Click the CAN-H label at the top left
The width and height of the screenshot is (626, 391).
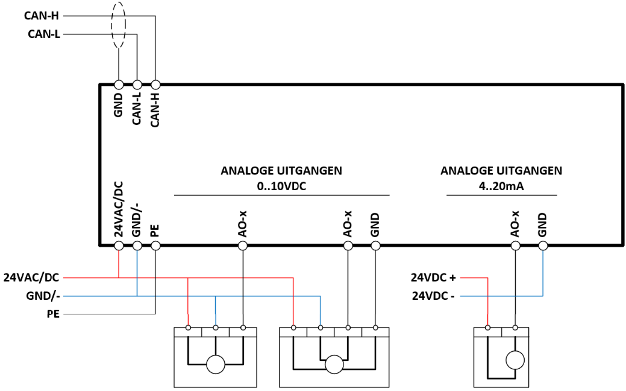point(41,16)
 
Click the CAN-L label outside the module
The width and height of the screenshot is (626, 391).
point(44,34)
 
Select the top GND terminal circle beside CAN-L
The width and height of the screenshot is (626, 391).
point(119,84)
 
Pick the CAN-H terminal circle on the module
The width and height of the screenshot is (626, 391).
point(155,84)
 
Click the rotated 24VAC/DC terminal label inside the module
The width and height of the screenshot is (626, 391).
point(119,209)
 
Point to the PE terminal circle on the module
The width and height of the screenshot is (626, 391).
point(155,245)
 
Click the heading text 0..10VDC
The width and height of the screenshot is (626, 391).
point(281,186)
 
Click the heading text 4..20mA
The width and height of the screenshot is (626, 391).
point(501,186)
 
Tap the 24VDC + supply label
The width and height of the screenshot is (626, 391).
point(433,278)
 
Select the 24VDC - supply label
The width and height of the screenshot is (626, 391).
point(433,296)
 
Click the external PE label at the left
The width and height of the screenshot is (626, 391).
point(53,314)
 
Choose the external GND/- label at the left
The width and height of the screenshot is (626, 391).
point(43,296)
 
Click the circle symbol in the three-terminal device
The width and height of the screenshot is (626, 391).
point(216,364)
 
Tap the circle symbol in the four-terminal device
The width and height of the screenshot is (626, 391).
point(334,364)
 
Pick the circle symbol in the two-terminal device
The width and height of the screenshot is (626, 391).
point(515,360)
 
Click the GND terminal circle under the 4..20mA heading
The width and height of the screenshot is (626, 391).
point(543,245)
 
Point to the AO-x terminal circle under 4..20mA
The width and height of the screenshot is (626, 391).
point(515,245)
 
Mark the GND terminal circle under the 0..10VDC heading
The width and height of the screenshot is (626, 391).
point(375,245)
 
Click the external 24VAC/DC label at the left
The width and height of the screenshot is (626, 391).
point(31,278)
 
